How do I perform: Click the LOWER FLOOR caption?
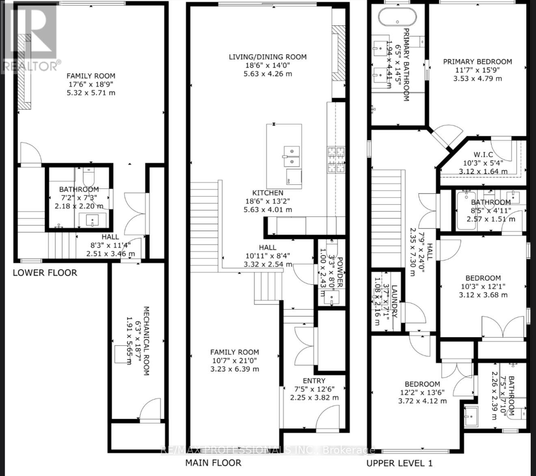coord(45,272)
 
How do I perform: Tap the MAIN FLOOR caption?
coord(213,463)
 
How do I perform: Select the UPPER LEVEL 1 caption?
coord(400,463)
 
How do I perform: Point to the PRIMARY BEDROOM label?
coord(477,62)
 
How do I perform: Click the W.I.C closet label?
coord(483,154)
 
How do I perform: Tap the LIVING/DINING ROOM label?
coord(267,57)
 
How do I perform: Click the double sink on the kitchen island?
coord(291,156)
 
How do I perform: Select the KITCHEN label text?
coord(268,193)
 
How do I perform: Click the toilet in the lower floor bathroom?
coord(89,177)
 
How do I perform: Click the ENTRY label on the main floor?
coord(314,381)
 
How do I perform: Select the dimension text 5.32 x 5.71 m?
coord(91,93)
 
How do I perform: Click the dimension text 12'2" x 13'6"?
coord(422,393)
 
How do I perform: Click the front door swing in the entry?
coord(328,418)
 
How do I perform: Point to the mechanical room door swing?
coord(151,409)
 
